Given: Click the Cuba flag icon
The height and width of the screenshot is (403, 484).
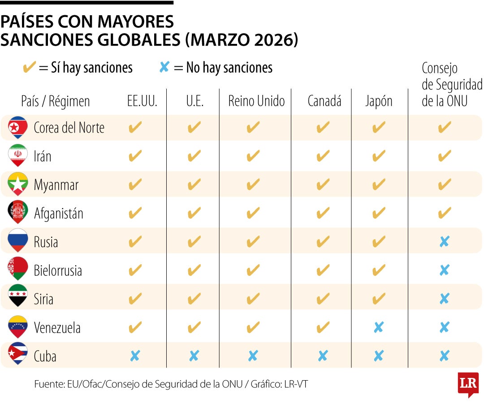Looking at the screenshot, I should tap(18, 356).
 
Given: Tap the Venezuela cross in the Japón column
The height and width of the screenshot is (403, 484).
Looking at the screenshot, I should tap(379, 327).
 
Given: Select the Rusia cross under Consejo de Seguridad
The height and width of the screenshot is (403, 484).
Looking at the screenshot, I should tap(444, 242).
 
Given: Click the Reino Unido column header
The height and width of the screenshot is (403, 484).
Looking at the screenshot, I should tap(256, 101).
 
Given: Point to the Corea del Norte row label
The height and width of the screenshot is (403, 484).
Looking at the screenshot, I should tap(69, 128).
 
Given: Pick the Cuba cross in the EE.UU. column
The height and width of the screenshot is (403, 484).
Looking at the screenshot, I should tap(135, 356).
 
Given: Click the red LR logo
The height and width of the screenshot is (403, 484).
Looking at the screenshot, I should tap(468, 384).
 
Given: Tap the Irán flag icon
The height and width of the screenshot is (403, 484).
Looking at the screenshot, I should tap(18, 156).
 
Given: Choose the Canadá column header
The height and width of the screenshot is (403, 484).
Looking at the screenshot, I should tap(324, 101).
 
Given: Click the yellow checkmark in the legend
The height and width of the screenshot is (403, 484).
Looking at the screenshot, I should tap(30, 68).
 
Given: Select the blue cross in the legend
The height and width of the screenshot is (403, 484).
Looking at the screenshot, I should tap(164, 68).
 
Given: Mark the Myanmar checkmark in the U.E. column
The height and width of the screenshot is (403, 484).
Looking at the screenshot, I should tap(194, 184).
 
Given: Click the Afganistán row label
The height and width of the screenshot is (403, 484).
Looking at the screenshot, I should tap(59, 214).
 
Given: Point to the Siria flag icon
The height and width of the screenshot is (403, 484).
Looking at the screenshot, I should tap(18, 298).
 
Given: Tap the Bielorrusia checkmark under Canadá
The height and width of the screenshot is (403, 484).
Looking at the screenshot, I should tap(323, 270).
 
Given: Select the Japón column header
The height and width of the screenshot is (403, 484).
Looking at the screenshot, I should tap(379, 101).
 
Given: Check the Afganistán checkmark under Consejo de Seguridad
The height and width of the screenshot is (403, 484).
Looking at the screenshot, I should tap(444, 213).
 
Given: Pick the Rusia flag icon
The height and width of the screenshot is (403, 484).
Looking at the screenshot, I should tap(18, 241).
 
